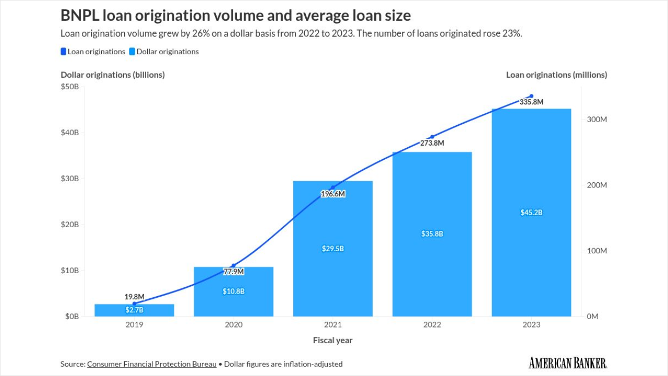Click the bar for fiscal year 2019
point(134,310)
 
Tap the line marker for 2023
point(531,96)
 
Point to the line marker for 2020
point(234,265)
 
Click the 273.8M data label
point(432,143)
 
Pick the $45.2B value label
point(531,213)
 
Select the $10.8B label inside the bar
point(234,291)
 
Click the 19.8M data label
point(134,297)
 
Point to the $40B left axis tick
point(69,133)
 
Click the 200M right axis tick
point(597,185)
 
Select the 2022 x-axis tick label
point(432,325)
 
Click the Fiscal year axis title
point(333,340)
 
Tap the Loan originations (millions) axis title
point(556,75)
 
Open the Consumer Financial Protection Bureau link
point(152,364)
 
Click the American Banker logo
point(568,363)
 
